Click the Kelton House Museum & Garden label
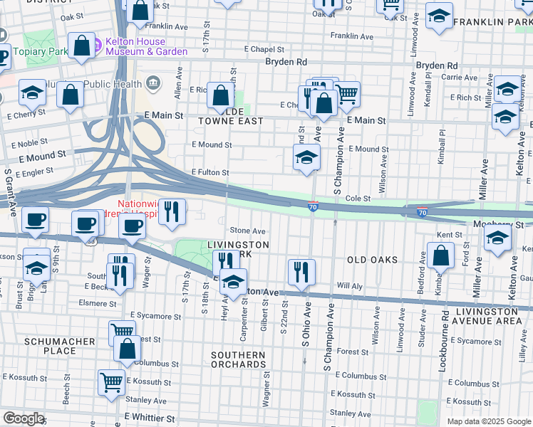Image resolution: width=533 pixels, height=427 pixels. [x=146, y=46]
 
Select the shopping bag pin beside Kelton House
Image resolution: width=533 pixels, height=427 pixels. [x=83, y=46]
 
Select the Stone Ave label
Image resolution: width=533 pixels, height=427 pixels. [x=248, y=231]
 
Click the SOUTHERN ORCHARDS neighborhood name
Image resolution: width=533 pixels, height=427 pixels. [x=238, y=359]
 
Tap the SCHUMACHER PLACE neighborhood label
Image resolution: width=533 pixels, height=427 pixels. [x=60, y=346]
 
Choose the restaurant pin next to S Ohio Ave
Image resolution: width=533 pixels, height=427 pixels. [x=302, y=272]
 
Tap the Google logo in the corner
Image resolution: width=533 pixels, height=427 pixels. [x=24, y=418]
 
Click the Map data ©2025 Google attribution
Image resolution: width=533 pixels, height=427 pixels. [x=488, y=421]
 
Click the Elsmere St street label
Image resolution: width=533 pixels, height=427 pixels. [x=98, y=303]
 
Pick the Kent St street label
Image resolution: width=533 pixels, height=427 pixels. [x=450, y=234]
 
